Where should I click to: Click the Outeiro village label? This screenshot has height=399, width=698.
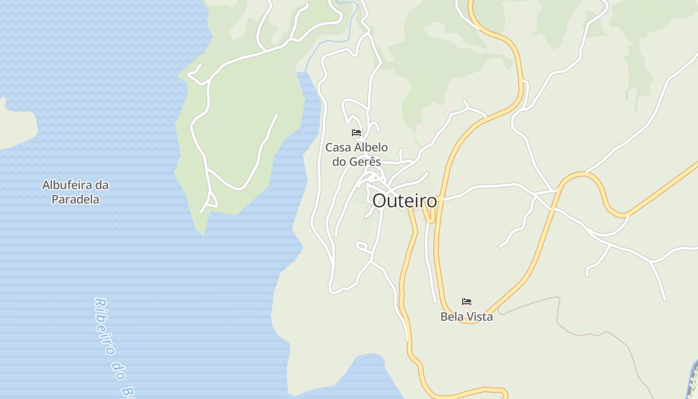pos(404,201)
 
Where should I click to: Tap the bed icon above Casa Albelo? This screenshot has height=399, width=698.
pos(356,133)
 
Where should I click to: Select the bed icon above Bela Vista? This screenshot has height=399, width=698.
pos(467,302)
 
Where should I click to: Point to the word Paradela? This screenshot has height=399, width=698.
pos(75,199)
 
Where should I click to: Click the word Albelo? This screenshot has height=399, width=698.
pos(371,148)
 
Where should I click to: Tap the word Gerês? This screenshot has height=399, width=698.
pos(365,162)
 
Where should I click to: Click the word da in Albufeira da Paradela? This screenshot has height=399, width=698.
pos(102,185)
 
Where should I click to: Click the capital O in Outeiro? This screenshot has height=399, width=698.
pos(380,201)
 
